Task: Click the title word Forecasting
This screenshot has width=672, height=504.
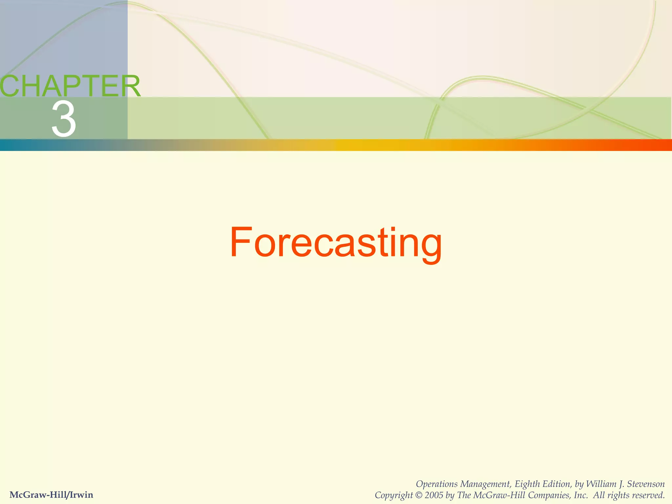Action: point(336,243)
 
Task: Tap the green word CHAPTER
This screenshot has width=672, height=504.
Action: point(70,86)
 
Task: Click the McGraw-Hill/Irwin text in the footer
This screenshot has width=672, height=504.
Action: point(52,494)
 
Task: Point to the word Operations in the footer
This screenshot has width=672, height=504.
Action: point(436,484)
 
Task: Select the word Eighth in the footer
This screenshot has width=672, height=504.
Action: point(527,484)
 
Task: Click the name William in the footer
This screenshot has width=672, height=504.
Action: point(601,484)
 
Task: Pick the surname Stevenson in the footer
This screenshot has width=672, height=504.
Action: point(646,484)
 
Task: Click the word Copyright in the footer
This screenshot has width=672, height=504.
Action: point(394,495)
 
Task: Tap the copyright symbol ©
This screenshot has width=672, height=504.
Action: point(419,495)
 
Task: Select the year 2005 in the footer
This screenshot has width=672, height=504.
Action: point(434,495)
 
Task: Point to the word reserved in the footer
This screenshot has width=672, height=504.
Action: point(648,495)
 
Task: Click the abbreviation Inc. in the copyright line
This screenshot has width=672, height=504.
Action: point(581,495)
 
